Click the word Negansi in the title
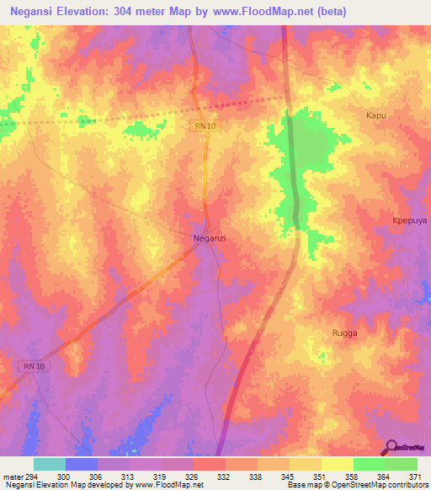(39, 12)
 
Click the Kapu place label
(375, 115)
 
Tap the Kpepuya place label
(410, 221)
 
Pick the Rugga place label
(343, 333)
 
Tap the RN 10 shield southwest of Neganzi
(30, 365)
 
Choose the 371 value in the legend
(415, 476)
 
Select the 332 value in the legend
(223, 476)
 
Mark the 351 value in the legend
(319, 476)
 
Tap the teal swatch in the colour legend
(50, 464)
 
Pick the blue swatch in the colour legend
(82, 464)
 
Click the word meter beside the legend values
(13, 476)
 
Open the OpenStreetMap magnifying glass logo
(391, 447)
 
